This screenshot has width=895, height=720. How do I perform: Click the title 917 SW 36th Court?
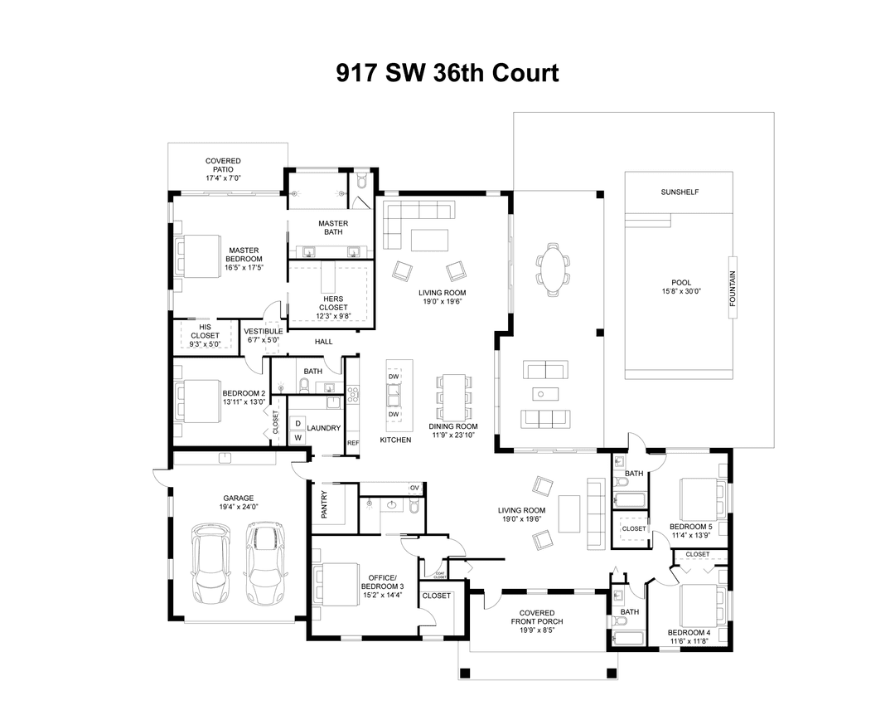[447, 73]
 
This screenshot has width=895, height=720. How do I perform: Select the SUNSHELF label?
[680, 192]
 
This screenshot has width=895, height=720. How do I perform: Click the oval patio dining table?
[552, 268]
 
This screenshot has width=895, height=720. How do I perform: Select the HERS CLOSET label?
[334, 303]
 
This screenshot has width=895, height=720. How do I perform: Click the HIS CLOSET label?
[204, 331]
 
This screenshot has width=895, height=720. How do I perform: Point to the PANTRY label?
[324, 504]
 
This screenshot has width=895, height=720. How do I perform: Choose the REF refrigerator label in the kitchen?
[353, 442]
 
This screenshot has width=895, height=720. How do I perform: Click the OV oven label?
[414, 488]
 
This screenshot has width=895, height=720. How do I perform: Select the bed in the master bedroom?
[197, 254]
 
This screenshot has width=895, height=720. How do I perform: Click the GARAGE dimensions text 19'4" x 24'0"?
[239, 507]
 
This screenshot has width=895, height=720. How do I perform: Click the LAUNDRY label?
[323, 428]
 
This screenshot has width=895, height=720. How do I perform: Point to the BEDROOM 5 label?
[690, 527]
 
